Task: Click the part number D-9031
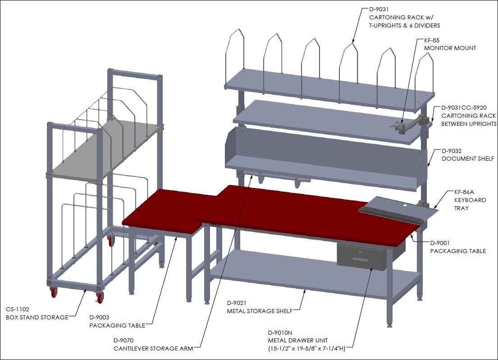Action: coord(379,9)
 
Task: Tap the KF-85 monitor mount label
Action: coord(450,44)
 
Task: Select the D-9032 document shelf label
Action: coord(468,155)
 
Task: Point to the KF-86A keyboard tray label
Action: coord(470,200)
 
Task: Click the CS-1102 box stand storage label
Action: coord(37,313)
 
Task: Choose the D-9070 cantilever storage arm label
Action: coord(153,344)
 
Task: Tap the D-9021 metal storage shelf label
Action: coord(260,307)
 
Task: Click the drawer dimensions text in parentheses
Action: coord(306,348)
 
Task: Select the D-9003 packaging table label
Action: coord(117,321)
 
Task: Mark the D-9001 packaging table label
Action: coord(458,247)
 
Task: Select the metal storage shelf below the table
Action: coord(315,273)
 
